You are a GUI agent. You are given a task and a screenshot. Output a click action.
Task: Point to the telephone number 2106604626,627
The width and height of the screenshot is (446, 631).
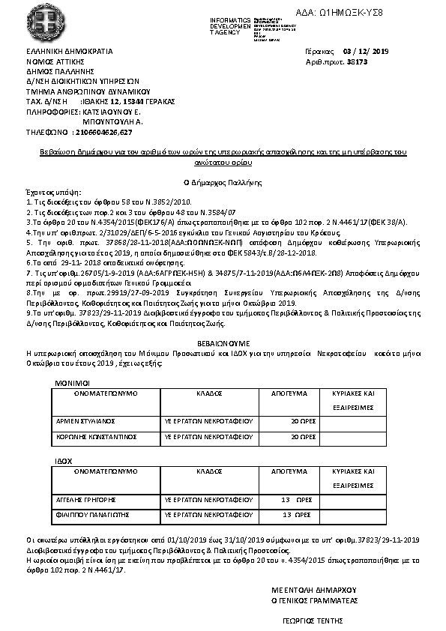(103, 132)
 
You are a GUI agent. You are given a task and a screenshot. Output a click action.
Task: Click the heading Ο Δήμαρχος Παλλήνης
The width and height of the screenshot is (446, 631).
(222, 181)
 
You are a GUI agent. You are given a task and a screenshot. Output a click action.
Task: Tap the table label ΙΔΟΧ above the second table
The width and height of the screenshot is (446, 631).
(64, 461)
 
